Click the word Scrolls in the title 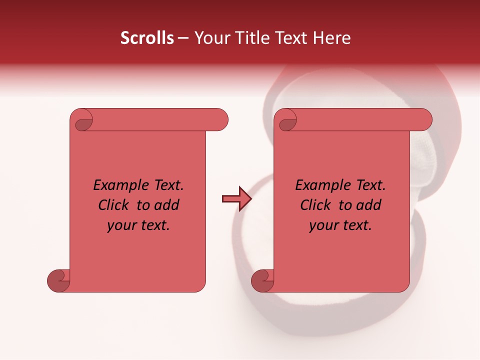[147, 38]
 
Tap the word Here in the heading [332, 38]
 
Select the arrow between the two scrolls [236, 199]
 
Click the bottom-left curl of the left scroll [58, 280]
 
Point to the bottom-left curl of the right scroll [262, 280]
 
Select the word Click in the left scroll [113, 205]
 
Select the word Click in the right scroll [315, 205]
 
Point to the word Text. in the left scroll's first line [166, 185]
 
